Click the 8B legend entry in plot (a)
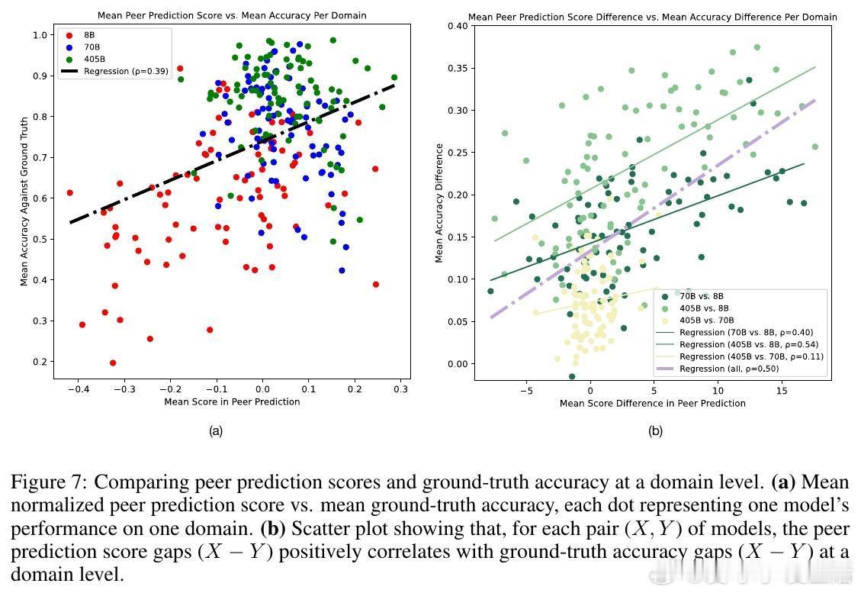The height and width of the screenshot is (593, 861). [x=88, y=35]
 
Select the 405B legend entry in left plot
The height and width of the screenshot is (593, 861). [x=92, y=60]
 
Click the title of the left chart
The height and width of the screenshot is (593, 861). [x=232, y=15]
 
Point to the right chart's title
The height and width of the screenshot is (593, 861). [x=652, y=17]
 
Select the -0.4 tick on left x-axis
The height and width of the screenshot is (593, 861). [x=76, y=389]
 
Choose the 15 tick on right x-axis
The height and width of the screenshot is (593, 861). [x=782, y=391]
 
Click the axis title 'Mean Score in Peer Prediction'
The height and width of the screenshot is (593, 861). [x=232, y=401]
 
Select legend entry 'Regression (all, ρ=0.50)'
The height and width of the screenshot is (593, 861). [x=728, y=369]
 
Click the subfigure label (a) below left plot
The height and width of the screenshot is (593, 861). [x=216, y=431]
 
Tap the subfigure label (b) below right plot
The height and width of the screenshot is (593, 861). [x=655, y=431]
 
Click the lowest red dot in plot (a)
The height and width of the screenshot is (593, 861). [x=113, y=363]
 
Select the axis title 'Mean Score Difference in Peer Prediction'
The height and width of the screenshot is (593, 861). [x=653, y=403]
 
